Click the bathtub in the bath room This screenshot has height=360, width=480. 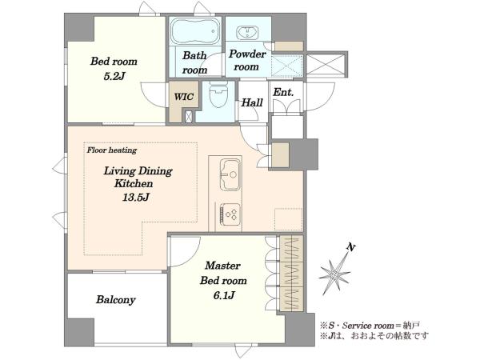195,31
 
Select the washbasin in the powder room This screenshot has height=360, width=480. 248,33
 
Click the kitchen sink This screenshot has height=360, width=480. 230,174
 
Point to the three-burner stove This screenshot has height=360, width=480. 230,214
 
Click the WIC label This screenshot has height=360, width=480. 184,97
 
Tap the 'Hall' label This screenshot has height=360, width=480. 252,102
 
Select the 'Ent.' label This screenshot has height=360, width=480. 283,92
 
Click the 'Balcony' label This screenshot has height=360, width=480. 116,299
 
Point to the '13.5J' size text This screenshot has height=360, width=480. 136,197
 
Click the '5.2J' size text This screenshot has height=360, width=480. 114,76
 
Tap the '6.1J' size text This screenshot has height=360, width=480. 224,295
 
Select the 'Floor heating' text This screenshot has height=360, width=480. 112,150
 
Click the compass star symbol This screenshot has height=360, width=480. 335,274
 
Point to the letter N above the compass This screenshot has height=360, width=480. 351,246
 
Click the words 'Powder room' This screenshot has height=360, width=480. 247,60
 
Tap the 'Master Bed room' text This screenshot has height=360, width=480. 223,273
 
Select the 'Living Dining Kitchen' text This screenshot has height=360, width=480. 138,177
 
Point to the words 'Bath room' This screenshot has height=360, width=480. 194,62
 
